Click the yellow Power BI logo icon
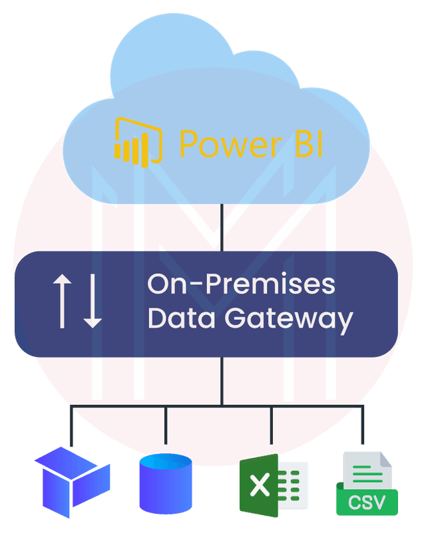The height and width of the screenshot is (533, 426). (138, 142)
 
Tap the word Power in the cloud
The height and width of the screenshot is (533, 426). (230, 144)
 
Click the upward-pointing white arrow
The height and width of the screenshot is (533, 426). (62, 301)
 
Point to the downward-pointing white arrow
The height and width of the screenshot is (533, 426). (93, 301)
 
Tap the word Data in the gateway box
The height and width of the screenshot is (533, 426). (182, 318)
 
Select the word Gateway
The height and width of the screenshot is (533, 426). (289, 320)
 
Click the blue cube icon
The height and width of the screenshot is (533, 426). (72, 482)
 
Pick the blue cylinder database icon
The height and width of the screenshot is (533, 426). (166, 483)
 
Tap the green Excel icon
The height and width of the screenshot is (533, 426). (274, 485)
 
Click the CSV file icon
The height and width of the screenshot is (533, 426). (367, 483)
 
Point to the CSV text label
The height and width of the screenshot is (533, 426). (367, 502)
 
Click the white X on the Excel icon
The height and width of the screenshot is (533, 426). (260, 485)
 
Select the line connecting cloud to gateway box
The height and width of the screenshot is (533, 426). (222, 227)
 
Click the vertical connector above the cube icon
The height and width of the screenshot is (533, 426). (71, 425)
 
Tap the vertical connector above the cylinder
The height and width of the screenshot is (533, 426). (166, 425)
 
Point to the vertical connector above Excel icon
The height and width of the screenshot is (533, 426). (272, 425)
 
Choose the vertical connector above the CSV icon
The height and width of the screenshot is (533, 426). (363, 425)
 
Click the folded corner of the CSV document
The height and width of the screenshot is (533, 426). (386, 459)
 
